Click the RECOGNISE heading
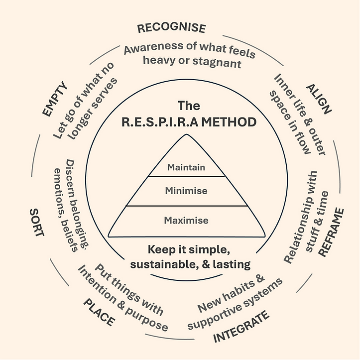pyautogui.click(x=171, y=27)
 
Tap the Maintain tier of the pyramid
pyautogui.click(x=186, y=167)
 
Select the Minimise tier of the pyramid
pyautogui.click(x=187, y=190)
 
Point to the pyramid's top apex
pyautogui.click(x=187, y=135)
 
